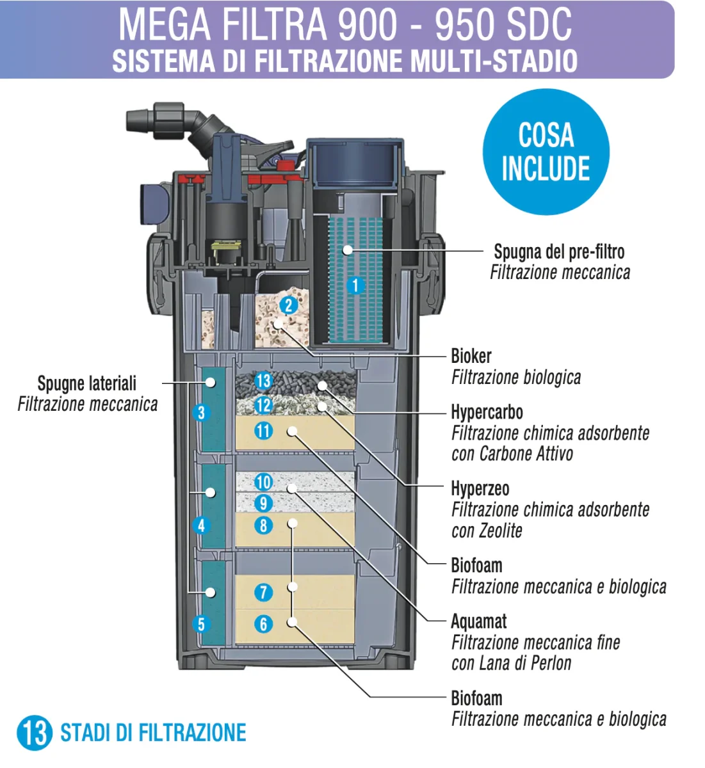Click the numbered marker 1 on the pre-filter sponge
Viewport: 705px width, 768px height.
(x=356, y=285)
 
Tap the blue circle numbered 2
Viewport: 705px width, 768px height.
(x=289, y=305)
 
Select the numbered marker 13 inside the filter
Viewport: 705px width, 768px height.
(x=263, y=381)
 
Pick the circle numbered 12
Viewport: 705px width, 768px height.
(x=263, y=405)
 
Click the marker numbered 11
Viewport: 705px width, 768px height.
(x=263, y=431)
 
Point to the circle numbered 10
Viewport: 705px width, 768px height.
(x=263, y=482)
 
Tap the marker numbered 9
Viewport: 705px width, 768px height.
(x=263, y=503)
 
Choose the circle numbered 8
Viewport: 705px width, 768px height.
(x=263, y=525)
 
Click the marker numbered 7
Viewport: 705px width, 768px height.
(x=263, y=592)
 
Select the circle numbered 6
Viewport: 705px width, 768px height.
(x=263, y=623)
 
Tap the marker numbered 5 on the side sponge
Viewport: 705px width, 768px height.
(x=201, y=623)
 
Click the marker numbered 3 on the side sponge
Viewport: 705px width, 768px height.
(x=201, y=412)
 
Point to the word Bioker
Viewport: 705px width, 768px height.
(x=471, y=356)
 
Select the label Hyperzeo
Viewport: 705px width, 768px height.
(x=480, y=489)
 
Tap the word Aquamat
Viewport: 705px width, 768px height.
(x=478, y=621)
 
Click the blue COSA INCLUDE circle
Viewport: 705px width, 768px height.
(x=546, y=152)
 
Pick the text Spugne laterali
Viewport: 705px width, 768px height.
(x=87, y=383)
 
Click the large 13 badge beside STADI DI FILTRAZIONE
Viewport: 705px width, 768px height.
(x=35, y=732)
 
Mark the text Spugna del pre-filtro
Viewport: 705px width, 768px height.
(x=559, y=252)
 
